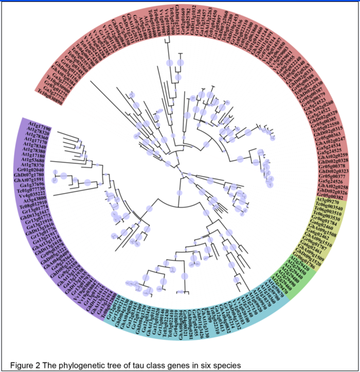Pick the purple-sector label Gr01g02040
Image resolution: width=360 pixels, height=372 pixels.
click(30, 169)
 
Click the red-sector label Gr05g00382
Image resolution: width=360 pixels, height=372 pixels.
click(330, 197)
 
